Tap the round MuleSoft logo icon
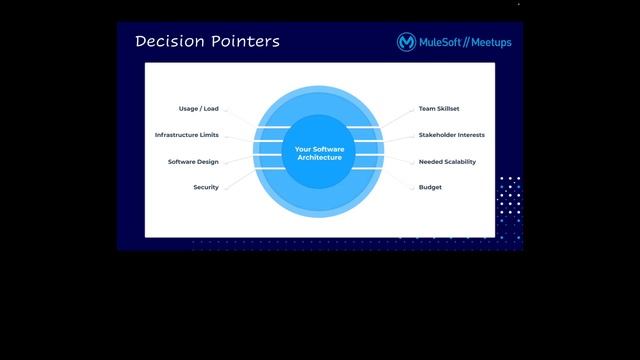tap(406, 42)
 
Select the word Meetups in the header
tap(490, 43)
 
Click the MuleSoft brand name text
tap(439, 43)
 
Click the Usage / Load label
tap(198, 108)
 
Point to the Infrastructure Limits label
tap(186, 135)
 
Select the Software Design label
tap(193, 161)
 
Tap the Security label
tap(206, 187)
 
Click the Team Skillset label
tap(439, 108)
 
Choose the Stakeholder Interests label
tap(452, 135)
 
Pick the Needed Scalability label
tap(447, 161)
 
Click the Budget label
tap(430, 187)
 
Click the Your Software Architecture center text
tap(318, 153)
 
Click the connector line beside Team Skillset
tap(397, 117)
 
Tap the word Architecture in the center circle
tap(319, 158)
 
